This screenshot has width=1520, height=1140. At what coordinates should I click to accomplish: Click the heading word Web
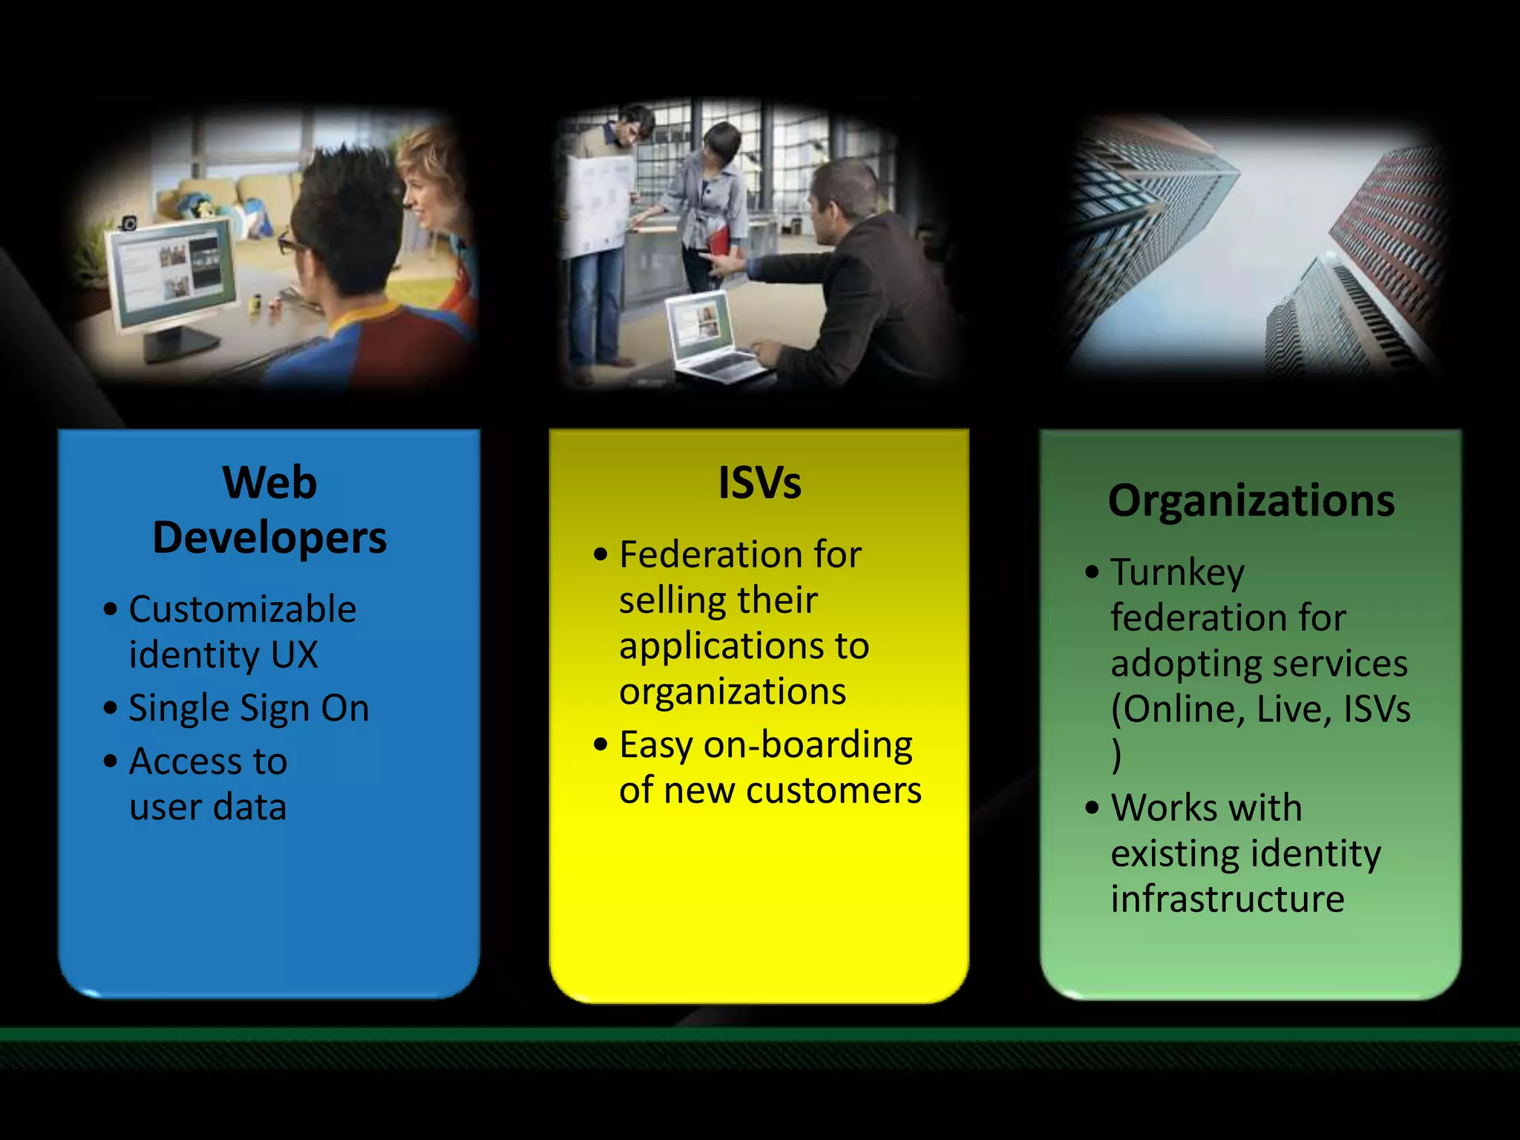269,482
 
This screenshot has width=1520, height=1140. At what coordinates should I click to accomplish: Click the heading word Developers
269,537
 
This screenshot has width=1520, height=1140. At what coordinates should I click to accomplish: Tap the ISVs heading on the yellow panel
759,482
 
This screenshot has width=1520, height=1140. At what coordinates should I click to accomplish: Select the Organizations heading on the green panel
1251,500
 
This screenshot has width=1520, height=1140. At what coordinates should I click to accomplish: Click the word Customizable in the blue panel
243,609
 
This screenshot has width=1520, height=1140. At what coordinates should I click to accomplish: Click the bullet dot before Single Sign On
111,707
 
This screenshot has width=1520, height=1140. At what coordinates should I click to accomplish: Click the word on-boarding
807,744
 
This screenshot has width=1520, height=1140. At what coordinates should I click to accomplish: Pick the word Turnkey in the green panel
1177,573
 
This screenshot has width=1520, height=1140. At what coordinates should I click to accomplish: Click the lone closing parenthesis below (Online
1117,756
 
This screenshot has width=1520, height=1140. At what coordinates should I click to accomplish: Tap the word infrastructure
1227,899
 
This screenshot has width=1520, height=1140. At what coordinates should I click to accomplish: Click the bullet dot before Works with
1092,807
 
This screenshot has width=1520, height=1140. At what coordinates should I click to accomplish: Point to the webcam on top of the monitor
128,223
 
